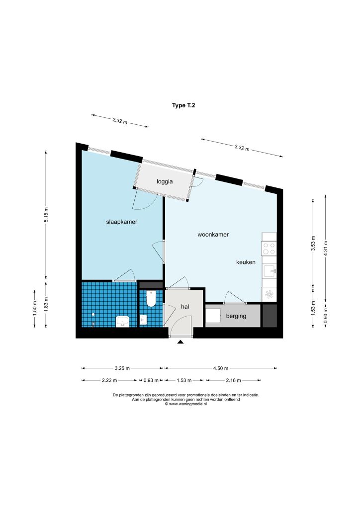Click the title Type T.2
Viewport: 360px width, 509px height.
[x=183, y=105]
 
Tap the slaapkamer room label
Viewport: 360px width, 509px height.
[x=122, y=222]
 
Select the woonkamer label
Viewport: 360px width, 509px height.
[x=213, y=235]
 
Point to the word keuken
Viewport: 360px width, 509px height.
[x=246, y=262]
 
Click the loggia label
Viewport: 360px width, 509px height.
[x=165, y=181]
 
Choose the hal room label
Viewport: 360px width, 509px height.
[x=185, y=306]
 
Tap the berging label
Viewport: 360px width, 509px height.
[x=236, y=316]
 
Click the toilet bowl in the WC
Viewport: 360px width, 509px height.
[x=151, y=298]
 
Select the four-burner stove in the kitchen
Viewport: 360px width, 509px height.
[x=269, y=249]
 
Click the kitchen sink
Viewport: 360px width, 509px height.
[x=270, y=271]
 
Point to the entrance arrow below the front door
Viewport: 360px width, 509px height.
[x=180, y=341]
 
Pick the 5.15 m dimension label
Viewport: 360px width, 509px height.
[x=46, y=215]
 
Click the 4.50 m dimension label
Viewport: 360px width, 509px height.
[x=221, y=368]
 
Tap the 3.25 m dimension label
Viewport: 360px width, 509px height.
[x=122, y=368]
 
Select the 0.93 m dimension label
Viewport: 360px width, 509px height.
[x=151, y=380]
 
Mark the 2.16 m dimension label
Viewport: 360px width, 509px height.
[x=233, y=380]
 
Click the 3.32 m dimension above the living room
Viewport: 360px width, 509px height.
[x=242, y=148]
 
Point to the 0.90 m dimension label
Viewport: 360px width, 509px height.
[x=326, y=315]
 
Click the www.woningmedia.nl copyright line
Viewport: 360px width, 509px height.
[x=185, y=404]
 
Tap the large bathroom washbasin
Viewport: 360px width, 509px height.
[x=122, y=322]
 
